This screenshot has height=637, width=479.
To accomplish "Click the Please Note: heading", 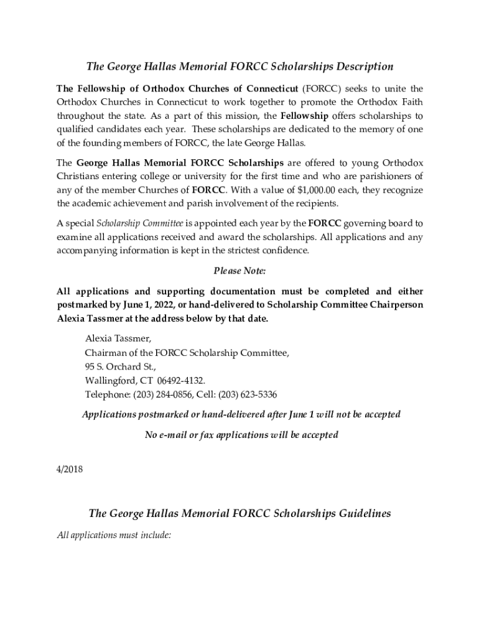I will pyautogui.click(x=240, y=271).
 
